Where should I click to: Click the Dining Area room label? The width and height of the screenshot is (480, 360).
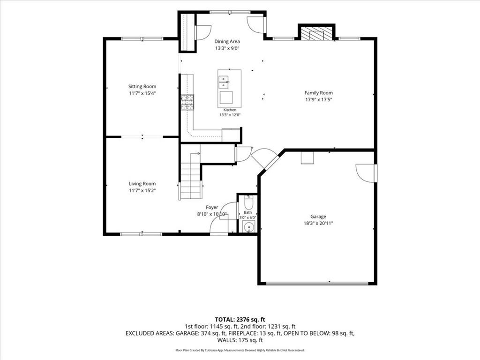tap(227, 41)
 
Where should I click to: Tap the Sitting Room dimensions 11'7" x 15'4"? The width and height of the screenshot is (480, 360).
tap(142, 93)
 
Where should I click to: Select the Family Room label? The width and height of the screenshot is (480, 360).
tap(318, 93)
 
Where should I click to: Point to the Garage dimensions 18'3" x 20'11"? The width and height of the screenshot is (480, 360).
tap(318, 224)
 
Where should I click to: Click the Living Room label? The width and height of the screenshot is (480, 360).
tap(142, 184)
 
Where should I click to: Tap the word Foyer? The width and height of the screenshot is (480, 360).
tap(212, 208)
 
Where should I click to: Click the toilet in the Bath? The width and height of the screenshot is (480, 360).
tap(248, 202)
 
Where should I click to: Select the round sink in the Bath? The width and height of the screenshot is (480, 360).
tap(249, 227)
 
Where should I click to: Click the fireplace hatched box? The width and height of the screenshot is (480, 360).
tap(316, 34)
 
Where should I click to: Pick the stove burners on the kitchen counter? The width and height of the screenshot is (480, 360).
tap(187, 102)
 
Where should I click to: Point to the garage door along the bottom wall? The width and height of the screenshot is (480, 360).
tap(317, 284)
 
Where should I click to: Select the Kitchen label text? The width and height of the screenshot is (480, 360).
tap(230, 110)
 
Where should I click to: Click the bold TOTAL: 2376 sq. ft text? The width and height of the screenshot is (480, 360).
tap(240, 320)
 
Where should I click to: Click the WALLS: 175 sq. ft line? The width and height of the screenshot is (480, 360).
tap(240, 340)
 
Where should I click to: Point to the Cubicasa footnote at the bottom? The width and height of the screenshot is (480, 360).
tap(240, 350)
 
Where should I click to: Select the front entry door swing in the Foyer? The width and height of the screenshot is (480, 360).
tap(219, 225)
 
